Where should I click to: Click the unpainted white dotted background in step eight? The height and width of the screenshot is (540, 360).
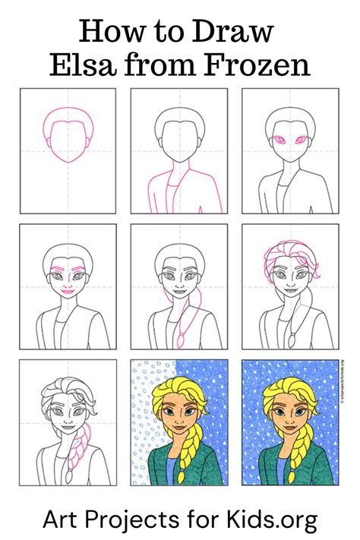tap(144, 433)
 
